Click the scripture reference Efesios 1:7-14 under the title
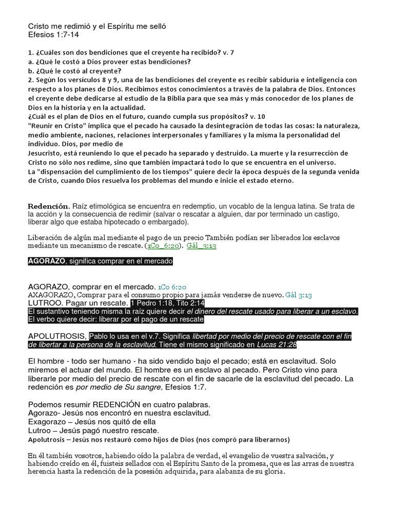point(53,35)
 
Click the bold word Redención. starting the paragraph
point(48,206)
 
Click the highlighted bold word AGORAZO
point(47,261)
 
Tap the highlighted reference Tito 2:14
point(186,303)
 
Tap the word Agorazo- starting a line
point(47,412)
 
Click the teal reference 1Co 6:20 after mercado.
point(172,286)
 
